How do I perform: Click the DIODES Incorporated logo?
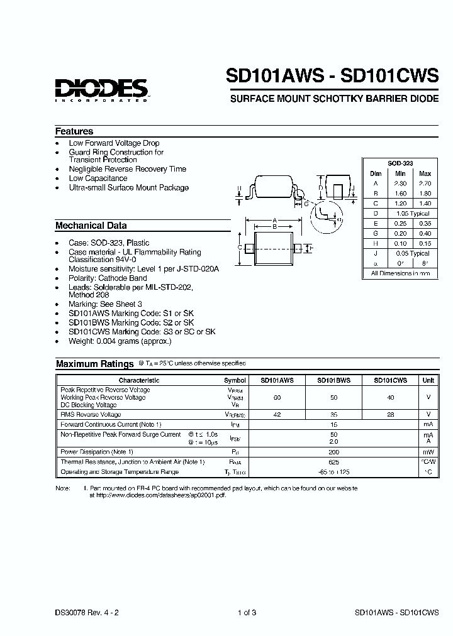pos(101,89)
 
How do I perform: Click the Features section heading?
pos(74,131)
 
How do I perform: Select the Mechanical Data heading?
pos(91,226)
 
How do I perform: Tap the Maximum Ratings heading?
pos(94,364)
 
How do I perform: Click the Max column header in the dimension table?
pos(425,173)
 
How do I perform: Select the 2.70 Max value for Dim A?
pos(425,184)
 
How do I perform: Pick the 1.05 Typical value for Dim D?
pos(412,214)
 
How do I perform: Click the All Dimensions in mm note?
pos(400,273)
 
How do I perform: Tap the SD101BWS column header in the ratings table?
pos(333,380)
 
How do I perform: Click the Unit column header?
pos(428,380)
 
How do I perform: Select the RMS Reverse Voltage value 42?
pos(277,415)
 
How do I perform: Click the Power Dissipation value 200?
pos(333,452)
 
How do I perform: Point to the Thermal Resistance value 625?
pos(333,462)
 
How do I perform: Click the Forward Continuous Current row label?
pos(111,425)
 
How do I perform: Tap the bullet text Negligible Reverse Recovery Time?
pos(128,169)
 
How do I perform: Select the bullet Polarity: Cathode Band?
pos(108,278)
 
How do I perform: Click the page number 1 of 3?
pos(247,612)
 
